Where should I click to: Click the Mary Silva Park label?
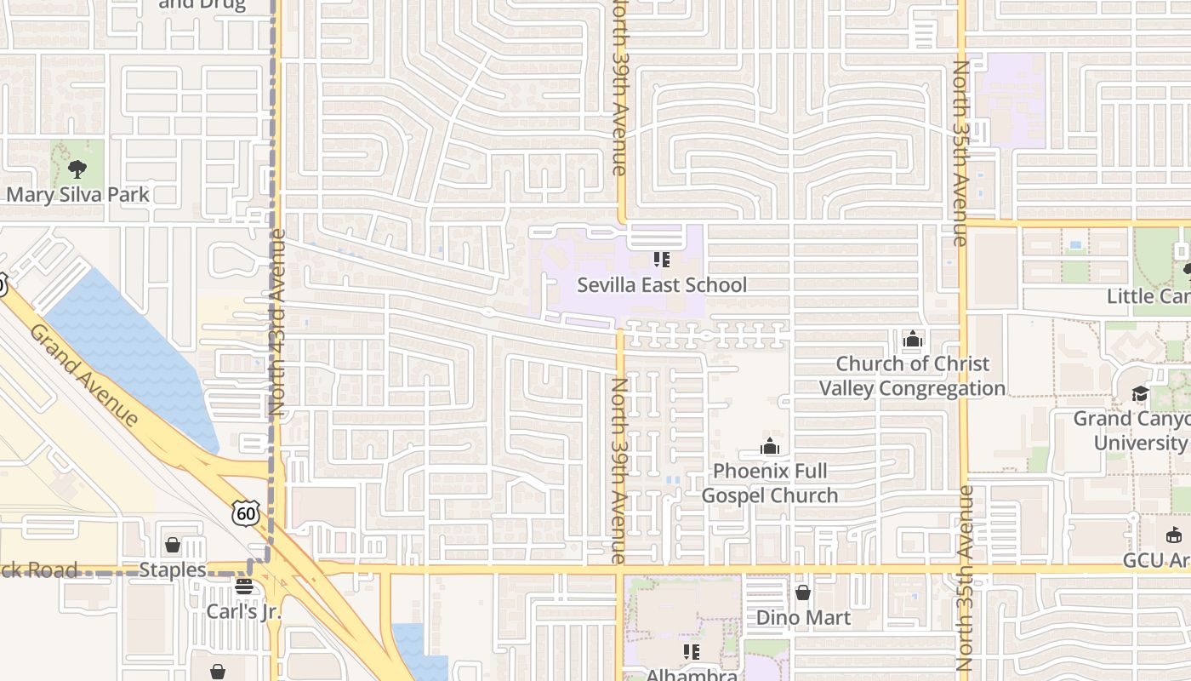pyautogui.click(x=77, y=194)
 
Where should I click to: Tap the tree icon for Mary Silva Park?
pyautogui.click(x=77, y=169)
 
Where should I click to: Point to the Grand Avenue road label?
pyautogui.click(x=83, y=375)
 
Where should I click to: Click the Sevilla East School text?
pyautogui.click(x=662, y=285)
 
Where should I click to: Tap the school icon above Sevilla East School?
pyautogui.click(x=662, y=259)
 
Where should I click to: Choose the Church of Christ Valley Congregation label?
pyautogui.click(x=912, y=375)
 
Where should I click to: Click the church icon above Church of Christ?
pyautogui.click(x=913, y=340)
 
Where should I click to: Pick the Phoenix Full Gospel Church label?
pyautogui.click(x=770, y=483)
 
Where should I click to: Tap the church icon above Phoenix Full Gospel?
pyautogui.click(x=770, y=447)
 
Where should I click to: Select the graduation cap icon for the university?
pyautogui.click(x=1139, y=394)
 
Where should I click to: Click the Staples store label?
pyautogui.click(x=173, y=569)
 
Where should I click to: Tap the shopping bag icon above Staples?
pyautogui.click(x=173, y=545)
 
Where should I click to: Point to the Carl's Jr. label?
pyautogui.click(x=244, y=611)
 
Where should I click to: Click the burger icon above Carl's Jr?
pyautogui.click(x=244, y=587)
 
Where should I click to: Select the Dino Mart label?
pyautogui.click(x=803, y=617)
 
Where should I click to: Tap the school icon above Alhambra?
pyautogui.click(x=692, y=652)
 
